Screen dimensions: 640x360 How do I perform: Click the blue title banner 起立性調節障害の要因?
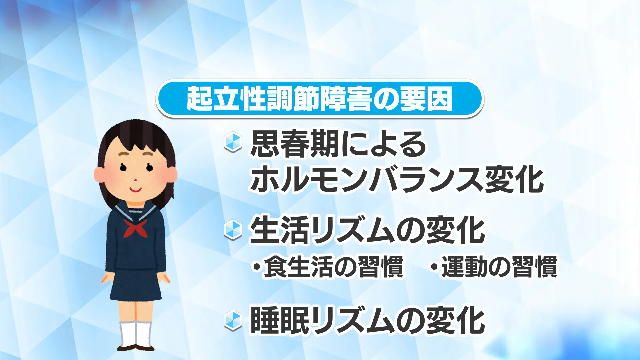(x=320, y=99)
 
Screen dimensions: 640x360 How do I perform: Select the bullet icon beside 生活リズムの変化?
(x=233, y=230)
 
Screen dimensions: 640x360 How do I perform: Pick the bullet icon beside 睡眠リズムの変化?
(x=233, y=320)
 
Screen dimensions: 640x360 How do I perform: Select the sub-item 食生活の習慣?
(x=328, y=267)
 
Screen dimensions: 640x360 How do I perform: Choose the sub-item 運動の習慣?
(x=494, y=267)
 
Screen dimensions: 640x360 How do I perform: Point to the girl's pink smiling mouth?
(x=135, y=190)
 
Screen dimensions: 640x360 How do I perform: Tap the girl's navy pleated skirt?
(x=136, y=285)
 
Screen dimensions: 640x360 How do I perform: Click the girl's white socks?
(x=136, y=334)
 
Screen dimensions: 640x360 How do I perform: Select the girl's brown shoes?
(x=136, y=348)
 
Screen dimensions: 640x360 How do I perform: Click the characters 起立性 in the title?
(x=226, y=99)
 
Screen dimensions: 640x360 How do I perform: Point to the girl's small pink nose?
(x=135, y=180)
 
